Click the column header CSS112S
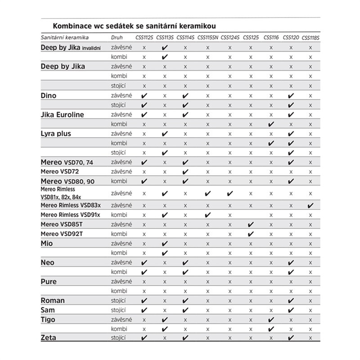(x=144, y=37)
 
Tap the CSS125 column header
(x=251, y=37)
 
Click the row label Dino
(x=49, y=96)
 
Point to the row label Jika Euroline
(x=63, y=115)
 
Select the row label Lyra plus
(x=56, y=134)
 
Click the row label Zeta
(x=49, y=338)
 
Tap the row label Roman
(x=53, y=300)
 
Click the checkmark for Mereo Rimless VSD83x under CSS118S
(x=310, y=206)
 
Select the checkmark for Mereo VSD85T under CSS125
(x=251, y=225)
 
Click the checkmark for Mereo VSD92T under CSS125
(x=251, y=234)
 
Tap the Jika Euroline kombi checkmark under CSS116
(x=271, y=124)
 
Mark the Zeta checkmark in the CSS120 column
(x=291, y=337)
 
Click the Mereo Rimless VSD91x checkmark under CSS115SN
(x=207, y=215)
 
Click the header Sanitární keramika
(x=64, y=37)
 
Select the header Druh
(x=117, y=37)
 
